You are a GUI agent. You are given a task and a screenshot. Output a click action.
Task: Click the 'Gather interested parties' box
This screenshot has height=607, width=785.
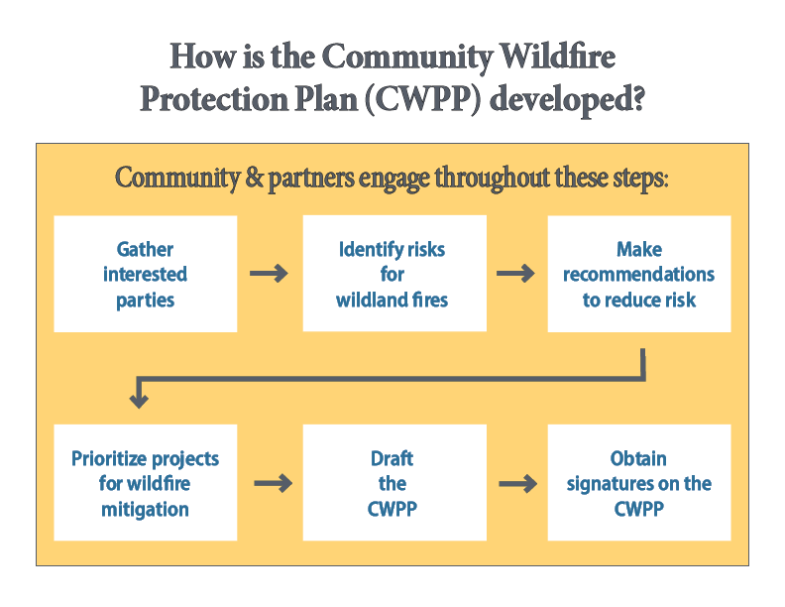(145, 274)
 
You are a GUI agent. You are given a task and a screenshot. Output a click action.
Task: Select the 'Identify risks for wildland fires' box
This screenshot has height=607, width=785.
(393, 274)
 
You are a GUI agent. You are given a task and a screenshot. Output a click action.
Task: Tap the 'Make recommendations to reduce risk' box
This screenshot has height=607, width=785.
(638, 274)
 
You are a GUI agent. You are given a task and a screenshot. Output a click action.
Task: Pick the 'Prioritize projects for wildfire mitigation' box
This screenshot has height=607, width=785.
(145, 483)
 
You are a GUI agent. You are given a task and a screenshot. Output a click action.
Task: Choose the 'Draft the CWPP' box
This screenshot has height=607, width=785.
(393, 483)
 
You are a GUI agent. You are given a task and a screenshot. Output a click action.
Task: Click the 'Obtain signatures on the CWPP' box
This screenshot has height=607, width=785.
(638, 483)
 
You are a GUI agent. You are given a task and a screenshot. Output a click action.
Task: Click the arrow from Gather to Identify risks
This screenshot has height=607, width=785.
(269, 274)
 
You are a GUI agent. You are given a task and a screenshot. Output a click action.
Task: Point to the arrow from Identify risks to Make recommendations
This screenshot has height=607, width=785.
(515, 274)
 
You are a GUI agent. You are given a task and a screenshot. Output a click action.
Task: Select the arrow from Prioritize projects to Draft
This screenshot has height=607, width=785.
(273, 484)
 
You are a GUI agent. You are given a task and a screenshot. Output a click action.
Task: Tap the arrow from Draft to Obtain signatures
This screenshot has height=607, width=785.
(516, 484)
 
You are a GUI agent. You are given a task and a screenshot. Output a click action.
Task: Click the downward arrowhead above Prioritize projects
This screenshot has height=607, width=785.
(139, 399)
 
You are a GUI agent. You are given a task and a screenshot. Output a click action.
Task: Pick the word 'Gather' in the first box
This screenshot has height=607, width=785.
(145, 249)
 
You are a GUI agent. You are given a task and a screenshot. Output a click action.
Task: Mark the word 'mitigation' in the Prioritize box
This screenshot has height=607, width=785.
(145, 509)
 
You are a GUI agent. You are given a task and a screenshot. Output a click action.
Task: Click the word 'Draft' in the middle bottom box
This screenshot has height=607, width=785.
(392, 458)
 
